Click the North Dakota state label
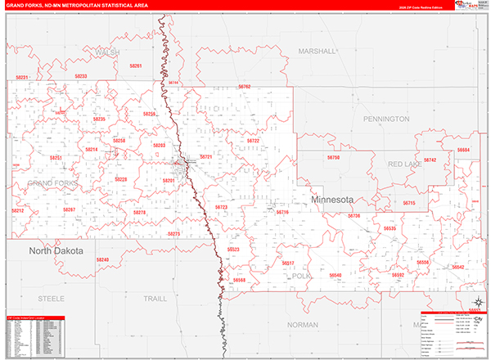[x=56, y=251]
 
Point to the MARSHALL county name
[x=318, y=51]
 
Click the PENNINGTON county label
[x=386, y=119]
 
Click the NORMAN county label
[x=303, y=325]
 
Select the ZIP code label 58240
[x=102, y=259]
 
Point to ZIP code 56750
[x=333, y=157]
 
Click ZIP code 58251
[x=56, y=157]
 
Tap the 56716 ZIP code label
[x=283, y=213]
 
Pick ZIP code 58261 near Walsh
[x=136, y=65]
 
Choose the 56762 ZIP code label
[x=245, y=86]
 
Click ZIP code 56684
[x=464, y=151]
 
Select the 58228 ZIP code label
[x=121, y=179]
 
